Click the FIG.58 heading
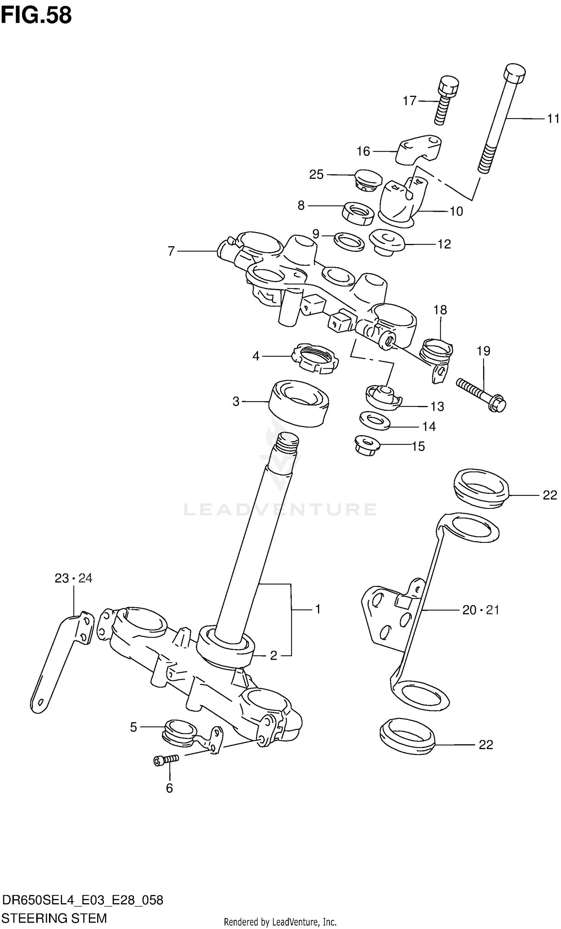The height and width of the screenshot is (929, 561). click(x=36, y=15)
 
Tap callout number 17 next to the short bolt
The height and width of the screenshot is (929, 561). click(x=409, y=101)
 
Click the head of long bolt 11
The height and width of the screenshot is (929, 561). click(x=515, y=74)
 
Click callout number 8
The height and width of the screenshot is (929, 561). click(x=301, y=205)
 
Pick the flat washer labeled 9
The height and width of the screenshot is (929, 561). click(x=349, y=241)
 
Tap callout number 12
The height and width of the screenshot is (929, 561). click(x=444, y=244)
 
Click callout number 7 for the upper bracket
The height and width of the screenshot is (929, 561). click(x=171, y=251)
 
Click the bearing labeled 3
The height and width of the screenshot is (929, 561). click(x=299, y=403)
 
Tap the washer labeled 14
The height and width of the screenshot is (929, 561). click(x=374, y=420)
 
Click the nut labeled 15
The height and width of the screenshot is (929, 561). click(x=367, y=445)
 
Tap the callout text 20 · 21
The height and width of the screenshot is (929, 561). click(x=480, y=609)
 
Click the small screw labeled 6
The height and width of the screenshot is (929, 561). click(x=166, y=760)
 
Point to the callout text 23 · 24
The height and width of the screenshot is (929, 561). click(x=73, y=578)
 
